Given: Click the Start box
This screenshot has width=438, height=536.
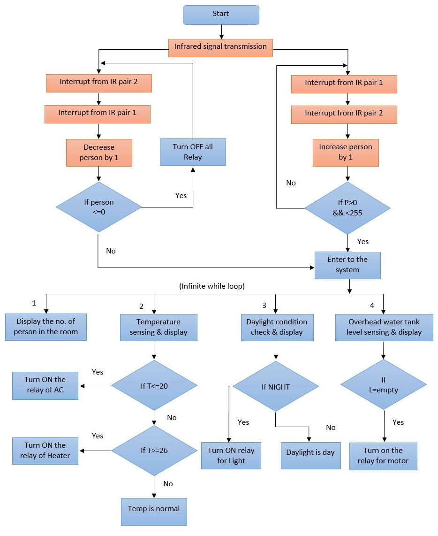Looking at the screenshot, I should click(x=220, y=15).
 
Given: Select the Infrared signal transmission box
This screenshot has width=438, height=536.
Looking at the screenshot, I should click(x=220, y=47).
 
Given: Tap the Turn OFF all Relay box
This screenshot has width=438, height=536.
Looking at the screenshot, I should click(x=193, y=152).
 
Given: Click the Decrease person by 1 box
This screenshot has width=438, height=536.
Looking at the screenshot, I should click(x=99, y=153).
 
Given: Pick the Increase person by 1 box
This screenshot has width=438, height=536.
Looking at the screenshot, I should click(x=346, y=153).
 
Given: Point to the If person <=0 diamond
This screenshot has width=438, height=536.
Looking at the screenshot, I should click(x=99, y=207).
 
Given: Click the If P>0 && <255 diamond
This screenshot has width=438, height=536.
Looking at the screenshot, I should click(x=347, y=207).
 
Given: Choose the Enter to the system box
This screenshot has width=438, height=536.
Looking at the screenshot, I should click(x=347, y=265).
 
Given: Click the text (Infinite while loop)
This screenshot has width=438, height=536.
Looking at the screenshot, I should click(x=212, y=286).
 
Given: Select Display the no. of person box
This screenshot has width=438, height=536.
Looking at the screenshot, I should click(x=45, y=327).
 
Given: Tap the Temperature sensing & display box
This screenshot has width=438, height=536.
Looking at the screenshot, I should click(x=158, y=327).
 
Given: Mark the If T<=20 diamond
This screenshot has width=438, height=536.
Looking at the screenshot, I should click(x=154, y=386).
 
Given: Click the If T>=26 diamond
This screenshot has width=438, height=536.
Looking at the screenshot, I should click(x=154, y=451).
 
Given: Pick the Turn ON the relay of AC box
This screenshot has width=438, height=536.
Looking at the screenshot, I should click(x=45, y=385).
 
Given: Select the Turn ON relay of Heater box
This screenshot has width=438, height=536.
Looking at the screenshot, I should click(x=45, y=451).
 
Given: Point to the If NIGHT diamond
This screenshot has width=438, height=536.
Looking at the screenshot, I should click(x=276, y=387).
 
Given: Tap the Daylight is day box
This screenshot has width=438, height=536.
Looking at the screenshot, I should click(x=311, y=453).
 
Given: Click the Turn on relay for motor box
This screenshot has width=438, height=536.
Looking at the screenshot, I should click(x=383, y=456).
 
